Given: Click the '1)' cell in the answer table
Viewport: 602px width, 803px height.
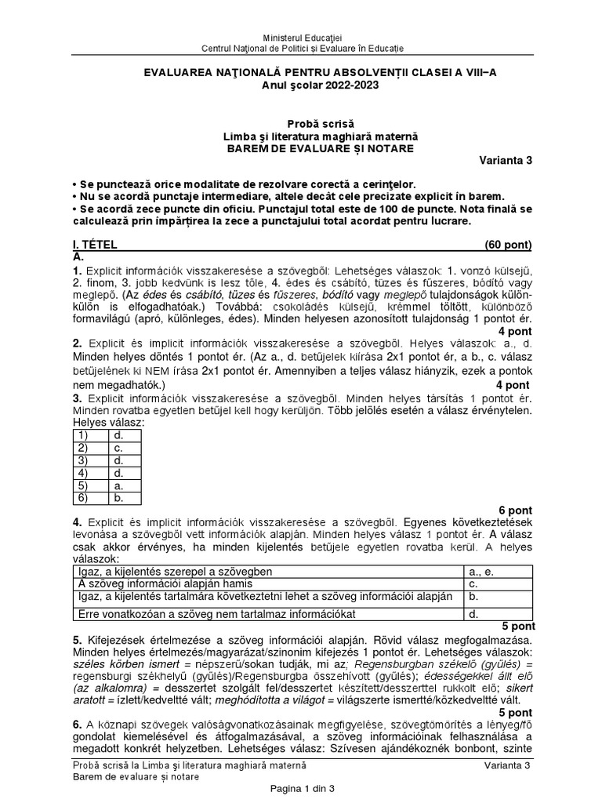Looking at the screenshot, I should pos(82,434).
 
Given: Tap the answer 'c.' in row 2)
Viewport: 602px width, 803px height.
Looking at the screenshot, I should pos(117,447).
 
